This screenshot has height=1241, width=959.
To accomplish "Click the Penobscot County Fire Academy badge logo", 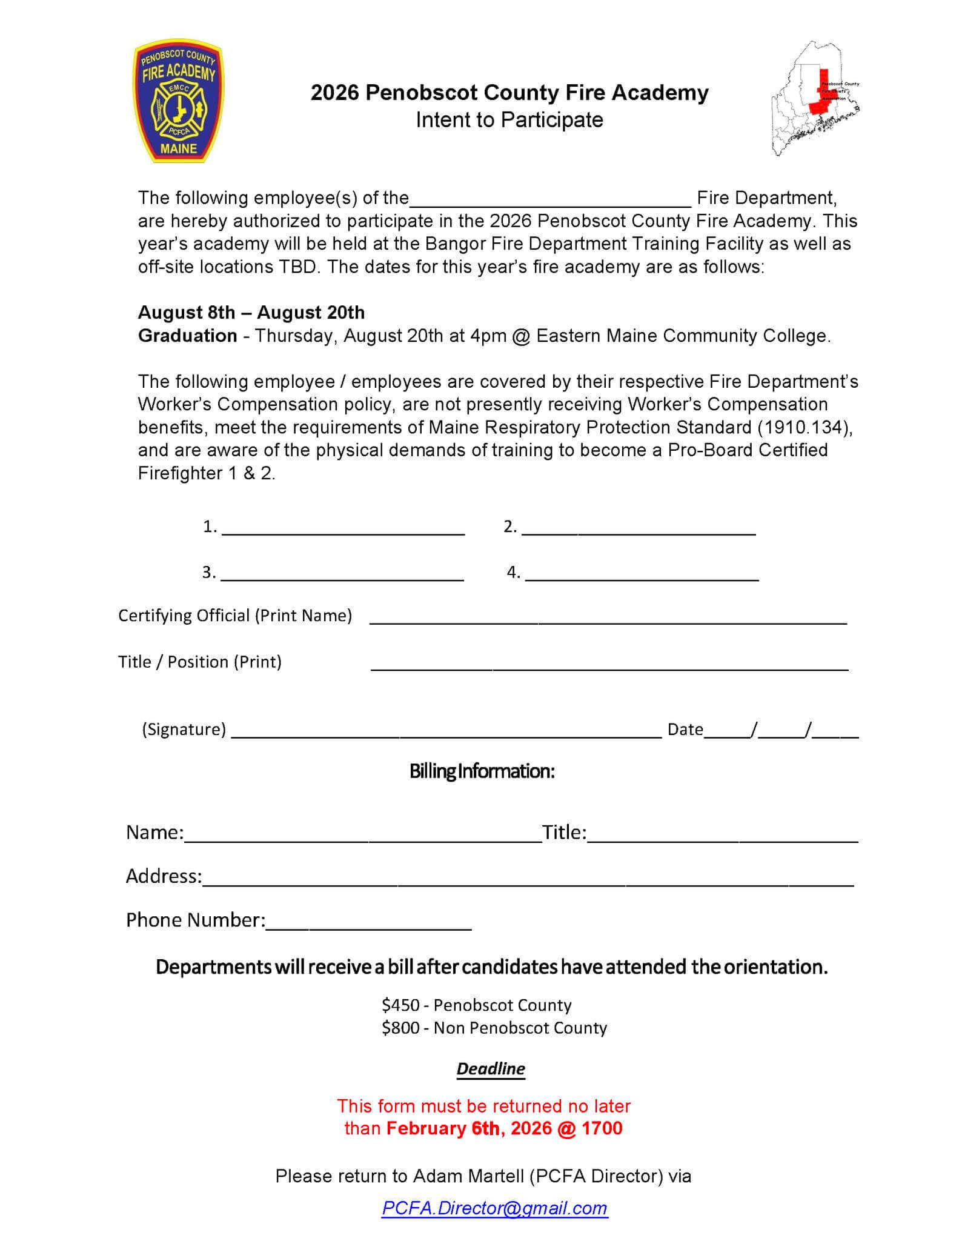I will click(x=178, y=101).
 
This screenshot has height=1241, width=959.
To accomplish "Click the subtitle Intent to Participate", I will click(x=509, y=120).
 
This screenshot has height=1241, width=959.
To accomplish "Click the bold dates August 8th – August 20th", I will click(x=251, y=313).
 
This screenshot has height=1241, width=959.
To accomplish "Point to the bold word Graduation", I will click(x=188, y=336).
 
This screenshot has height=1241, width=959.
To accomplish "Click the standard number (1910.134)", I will click(x=805, y=427).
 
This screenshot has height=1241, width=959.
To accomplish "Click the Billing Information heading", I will click(x=482, y=771).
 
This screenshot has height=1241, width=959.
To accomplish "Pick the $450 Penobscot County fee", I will click(x=476, y=1005).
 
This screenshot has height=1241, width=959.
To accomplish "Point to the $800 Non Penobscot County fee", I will click(x=494, y=1028).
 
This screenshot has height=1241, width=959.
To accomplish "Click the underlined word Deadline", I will click(x=491, y=1068).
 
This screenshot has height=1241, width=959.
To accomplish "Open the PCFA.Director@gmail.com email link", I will click(x=494, y=1208).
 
